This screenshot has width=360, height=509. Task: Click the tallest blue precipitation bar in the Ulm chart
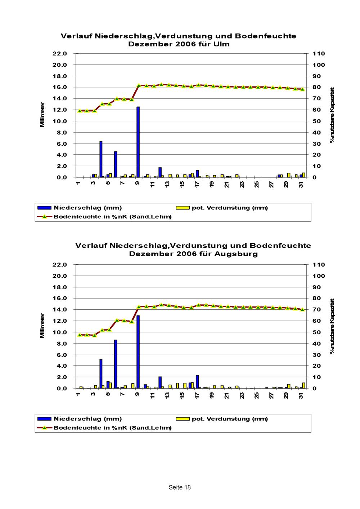tap(138, 142)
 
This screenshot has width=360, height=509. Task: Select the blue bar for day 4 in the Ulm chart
tap(101, 159)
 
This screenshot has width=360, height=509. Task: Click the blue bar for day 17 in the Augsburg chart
tap(197, 382)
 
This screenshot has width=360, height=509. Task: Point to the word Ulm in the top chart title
tap(222, 44)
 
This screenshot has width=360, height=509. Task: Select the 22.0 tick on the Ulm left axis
tap(60, 54)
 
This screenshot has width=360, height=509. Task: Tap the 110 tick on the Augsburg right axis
tap(319, 265)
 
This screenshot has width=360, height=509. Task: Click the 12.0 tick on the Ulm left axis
tap(60, 110)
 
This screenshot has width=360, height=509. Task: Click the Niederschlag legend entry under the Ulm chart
tap(87, 208)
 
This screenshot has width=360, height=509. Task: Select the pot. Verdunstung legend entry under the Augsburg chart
tap(230, 419)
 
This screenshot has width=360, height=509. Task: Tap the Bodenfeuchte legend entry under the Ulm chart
tap(112, 217)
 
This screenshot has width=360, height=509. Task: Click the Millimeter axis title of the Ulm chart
tap(42, 115)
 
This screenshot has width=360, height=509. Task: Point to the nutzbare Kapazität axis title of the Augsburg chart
tap(332, 326)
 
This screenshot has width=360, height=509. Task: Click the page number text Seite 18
tap(180, 487)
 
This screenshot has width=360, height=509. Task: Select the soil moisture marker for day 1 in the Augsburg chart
tap(80, 335)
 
